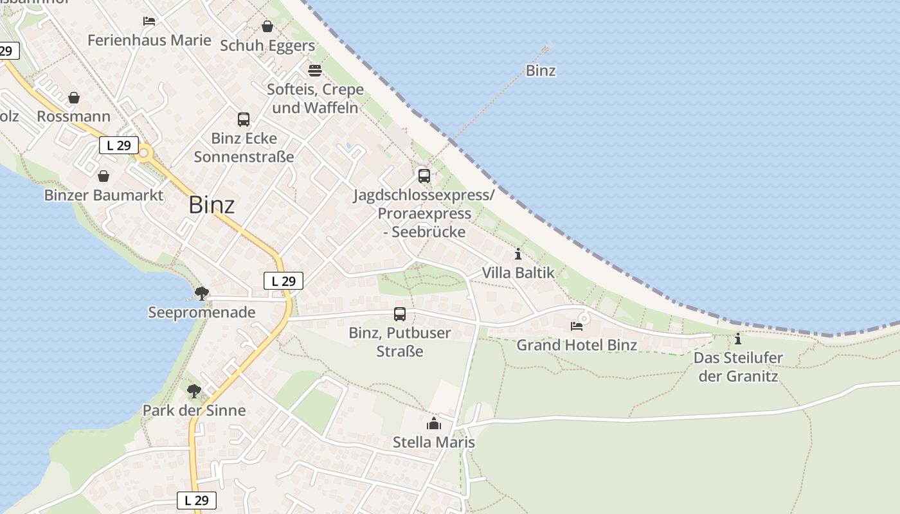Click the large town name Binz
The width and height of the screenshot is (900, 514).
click(212, 205)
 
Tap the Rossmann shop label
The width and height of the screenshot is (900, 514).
click(73, 116)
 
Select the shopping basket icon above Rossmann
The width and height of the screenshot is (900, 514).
click(74, 98)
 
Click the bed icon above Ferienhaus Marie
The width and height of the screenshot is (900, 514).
click(149, 21)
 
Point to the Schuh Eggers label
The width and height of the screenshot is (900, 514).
click(267, 46)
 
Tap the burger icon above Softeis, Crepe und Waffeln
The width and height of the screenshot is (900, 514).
click(315, 70)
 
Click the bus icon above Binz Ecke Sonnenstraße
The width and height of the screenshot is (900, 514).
click(244, 119)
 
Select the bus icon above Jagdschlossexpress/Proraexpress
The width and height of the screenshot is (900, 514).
click(424, 175)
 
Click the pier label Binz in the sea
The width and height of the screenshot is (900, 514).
click(541, 71)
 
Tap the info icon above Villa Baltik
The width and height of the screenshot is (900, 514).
click(518, 254)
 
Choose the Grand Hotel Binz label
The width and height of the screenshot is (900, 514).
click(577, 345)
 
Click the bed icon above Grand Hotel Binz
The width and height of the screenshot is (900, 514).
click(577, 326)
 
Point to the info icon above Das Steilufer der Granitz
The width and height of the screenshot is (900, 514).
click(738, 339)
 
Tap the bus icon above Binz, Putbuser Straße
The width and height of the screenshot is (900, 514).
click(400, 314)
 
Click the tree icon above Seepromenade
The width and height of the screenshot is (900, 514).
click(202, 294)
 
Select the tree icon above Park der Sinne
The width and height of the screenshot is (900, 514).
click(194, 391)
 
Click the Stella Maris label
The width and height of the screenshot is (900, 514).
click(434, 442)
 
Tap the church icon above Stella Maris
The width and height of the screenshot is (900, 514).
click(434, 423)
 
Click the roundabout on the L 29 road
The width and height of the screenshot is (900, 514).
click(144, 154)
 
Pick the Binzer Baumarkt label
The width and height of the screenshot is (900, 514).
click(104, 195)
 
